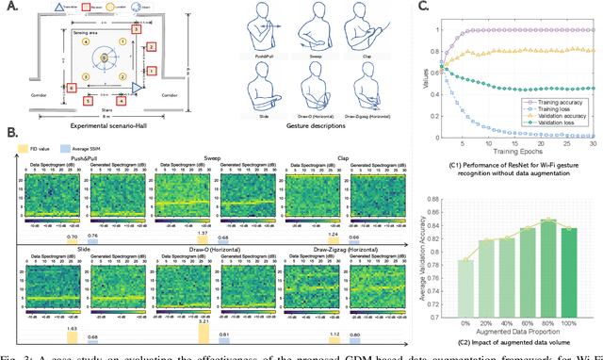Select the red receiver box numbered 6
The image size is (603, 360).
73,88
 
